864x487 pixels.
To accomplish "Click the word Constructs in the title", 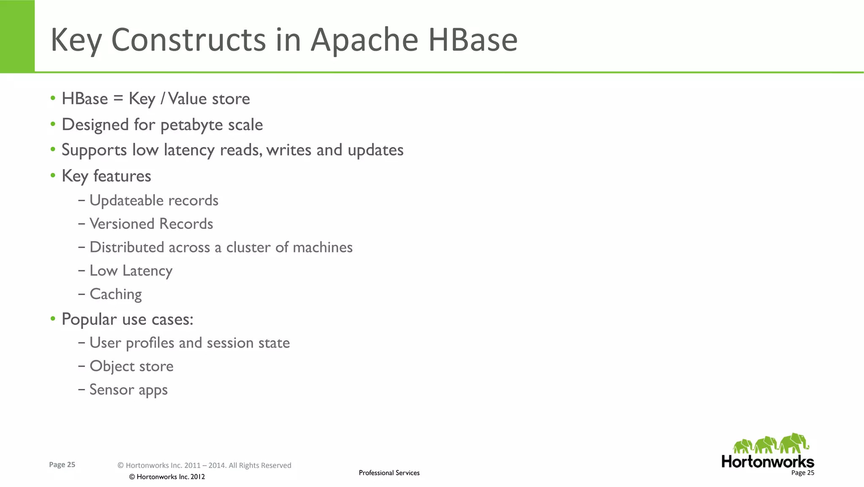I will (188, 40).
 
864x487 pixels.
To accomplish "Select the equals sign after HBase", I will (118, 98).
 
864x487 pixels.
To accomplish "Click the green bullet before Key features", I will (53, 175).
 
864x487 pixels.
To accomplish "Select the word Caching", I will (116, 294).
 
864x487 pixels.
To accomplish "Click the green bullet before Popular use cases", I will (53, 318).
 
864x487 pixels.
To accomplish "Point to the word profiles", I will (150, 343).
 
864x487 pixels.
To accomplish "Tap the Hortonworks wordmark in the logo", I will (767, 461).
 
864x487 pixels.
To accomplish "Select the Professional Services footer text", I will (389, 473).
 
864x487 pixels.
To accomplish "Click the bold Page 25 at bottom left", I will (62, 465).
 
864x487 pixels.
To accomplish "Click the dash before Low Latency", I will (82, 271).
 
